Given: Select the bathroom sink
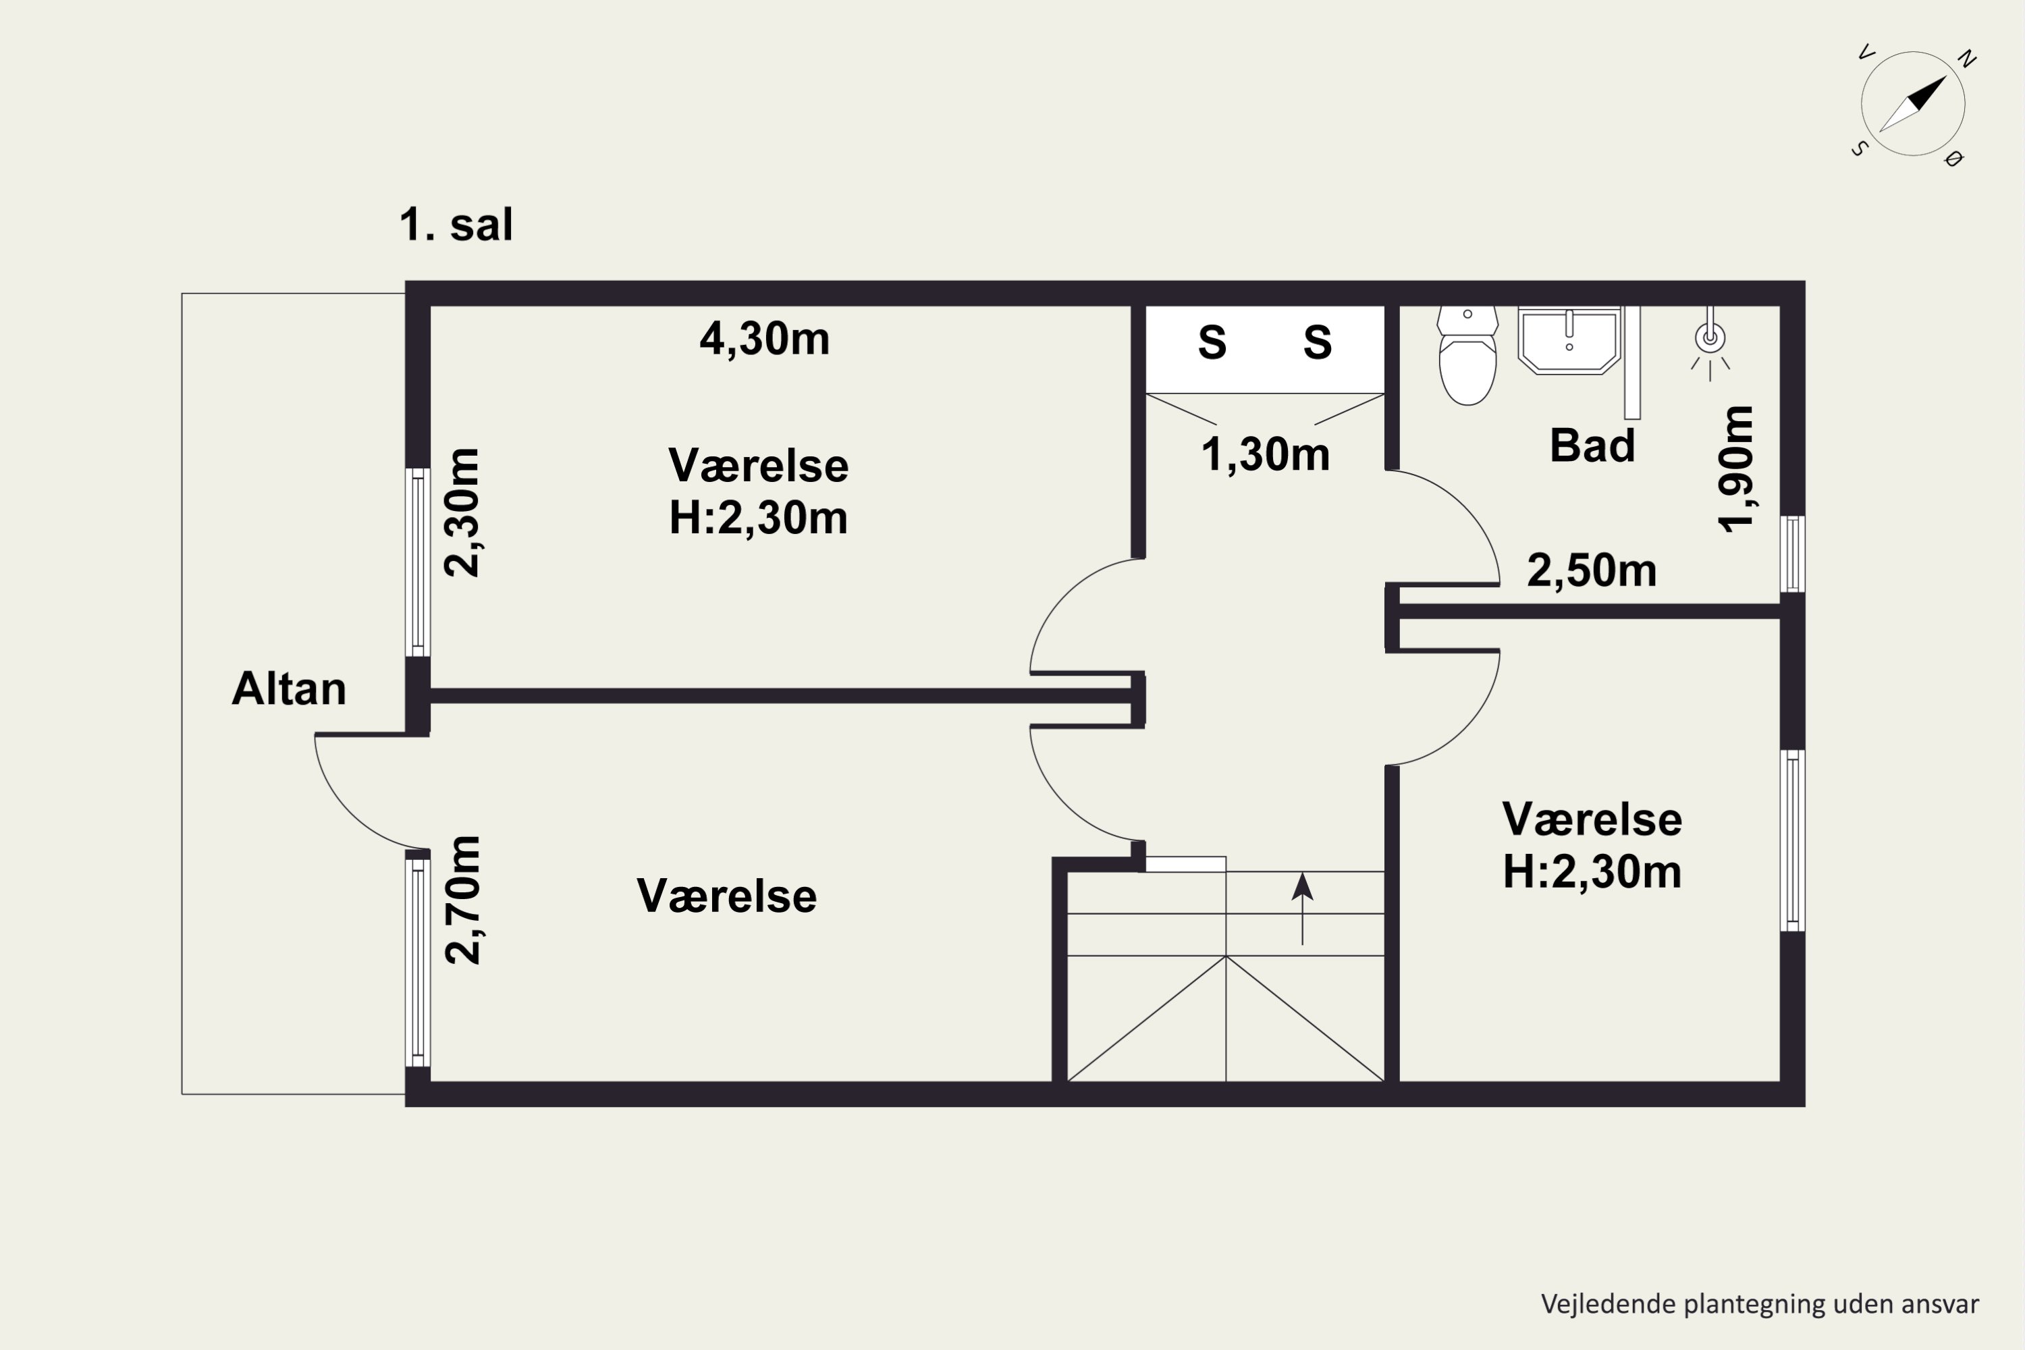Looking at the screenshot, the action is coord(1569,340).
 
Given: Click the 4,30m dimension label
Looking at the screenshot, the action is coord(765,340).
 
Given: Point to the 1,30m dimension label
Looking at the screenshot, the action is coord(1265,454).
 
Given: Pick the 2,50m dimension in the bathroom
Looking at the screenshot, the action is coord(1591,570).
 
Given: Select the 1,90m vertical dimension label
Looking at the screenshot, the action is coord(1735,469).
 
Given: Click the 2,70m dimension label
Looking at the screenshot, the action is coord(462,899).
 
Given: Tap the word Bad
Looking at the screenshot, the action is coord(1592,445).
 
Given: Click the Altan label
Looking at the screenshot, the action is coord(290,688).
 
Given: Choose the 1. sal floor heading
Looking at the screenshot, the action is coord(456,225).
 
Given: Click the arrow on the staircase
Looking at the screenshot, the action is coord(1302,909).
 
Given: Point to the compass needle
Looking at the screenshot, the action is coord(1913,104).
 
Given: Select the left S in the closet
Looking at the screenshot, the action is coord(1212,343).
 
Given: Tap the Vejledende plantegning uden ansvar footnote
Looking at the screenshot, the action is coord(1760,1304).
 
